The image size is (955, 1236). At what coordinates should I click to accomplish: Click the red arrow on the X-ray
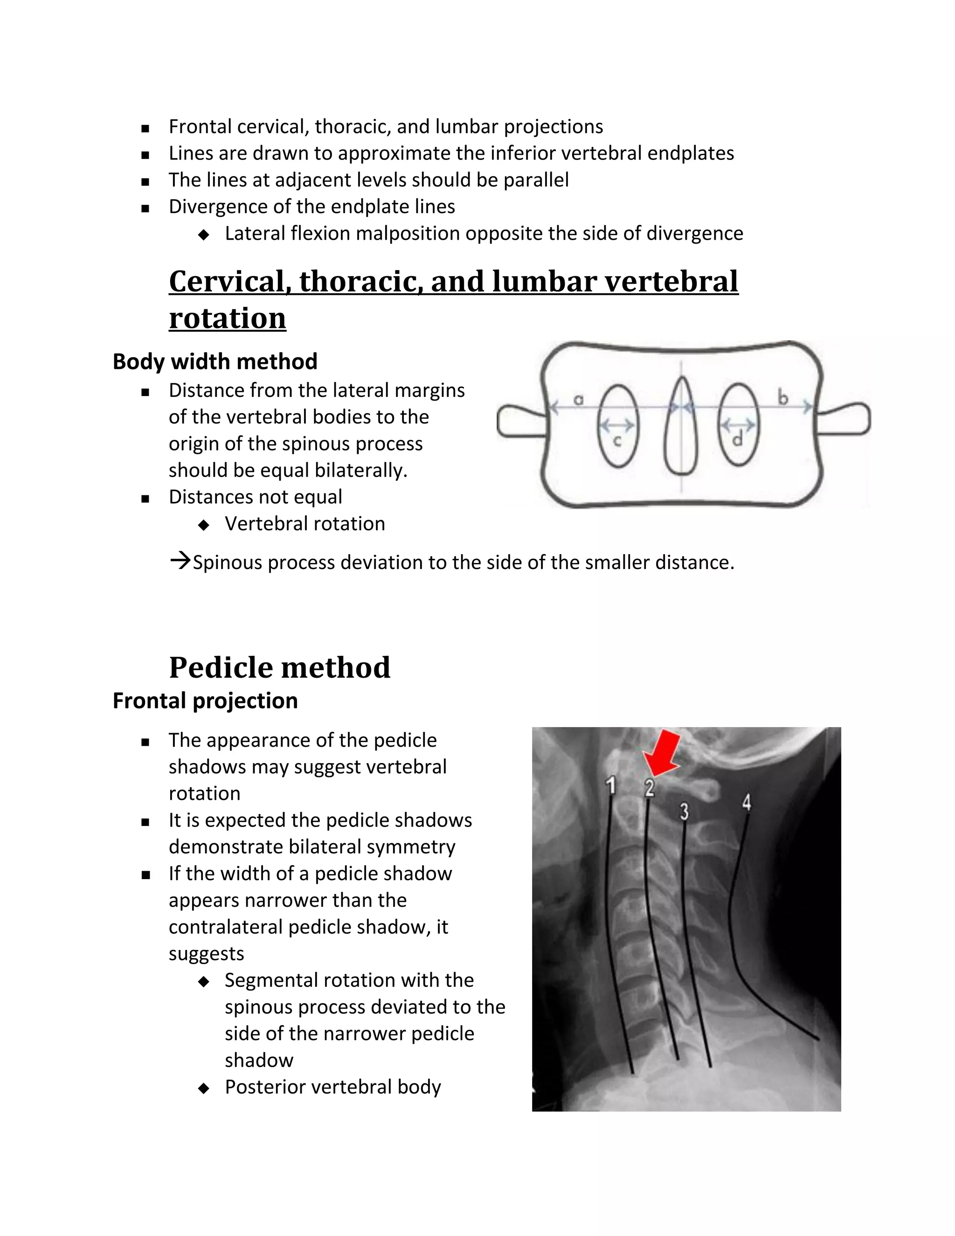point(663,753)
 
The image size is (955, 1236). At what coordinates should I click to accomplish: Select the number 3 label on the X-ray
point(684,812)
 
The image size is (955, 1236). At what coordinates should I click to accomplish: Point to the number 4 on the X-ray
point(747,802)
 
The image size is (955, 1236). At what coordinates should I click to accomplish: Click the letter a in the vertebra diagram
point(578,399)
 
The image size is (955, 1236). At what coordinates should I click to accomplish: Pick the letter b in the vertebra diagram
point(783,398)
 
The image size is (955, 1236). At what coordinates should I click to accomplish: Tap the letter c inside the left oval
point(617,440)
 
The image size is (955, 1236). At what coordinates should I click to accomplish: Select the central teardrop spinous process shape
point(681,427)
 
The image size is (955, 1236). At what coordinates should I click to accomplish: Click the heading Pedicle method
point(279,667)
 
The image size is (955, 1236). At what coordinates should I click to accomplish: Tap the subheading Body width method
point(215,361)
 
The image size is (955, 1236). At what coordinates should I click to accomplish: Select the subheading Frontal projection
point(205,701)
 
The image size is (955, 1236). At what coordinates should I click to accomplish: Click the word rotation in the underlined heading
point(228,318)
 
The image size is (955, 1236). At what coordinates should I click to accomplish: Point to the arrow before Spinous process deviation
point(180,562)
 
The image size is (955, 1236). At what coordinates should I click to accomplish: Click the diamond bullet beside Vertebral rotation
point(204,525)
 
